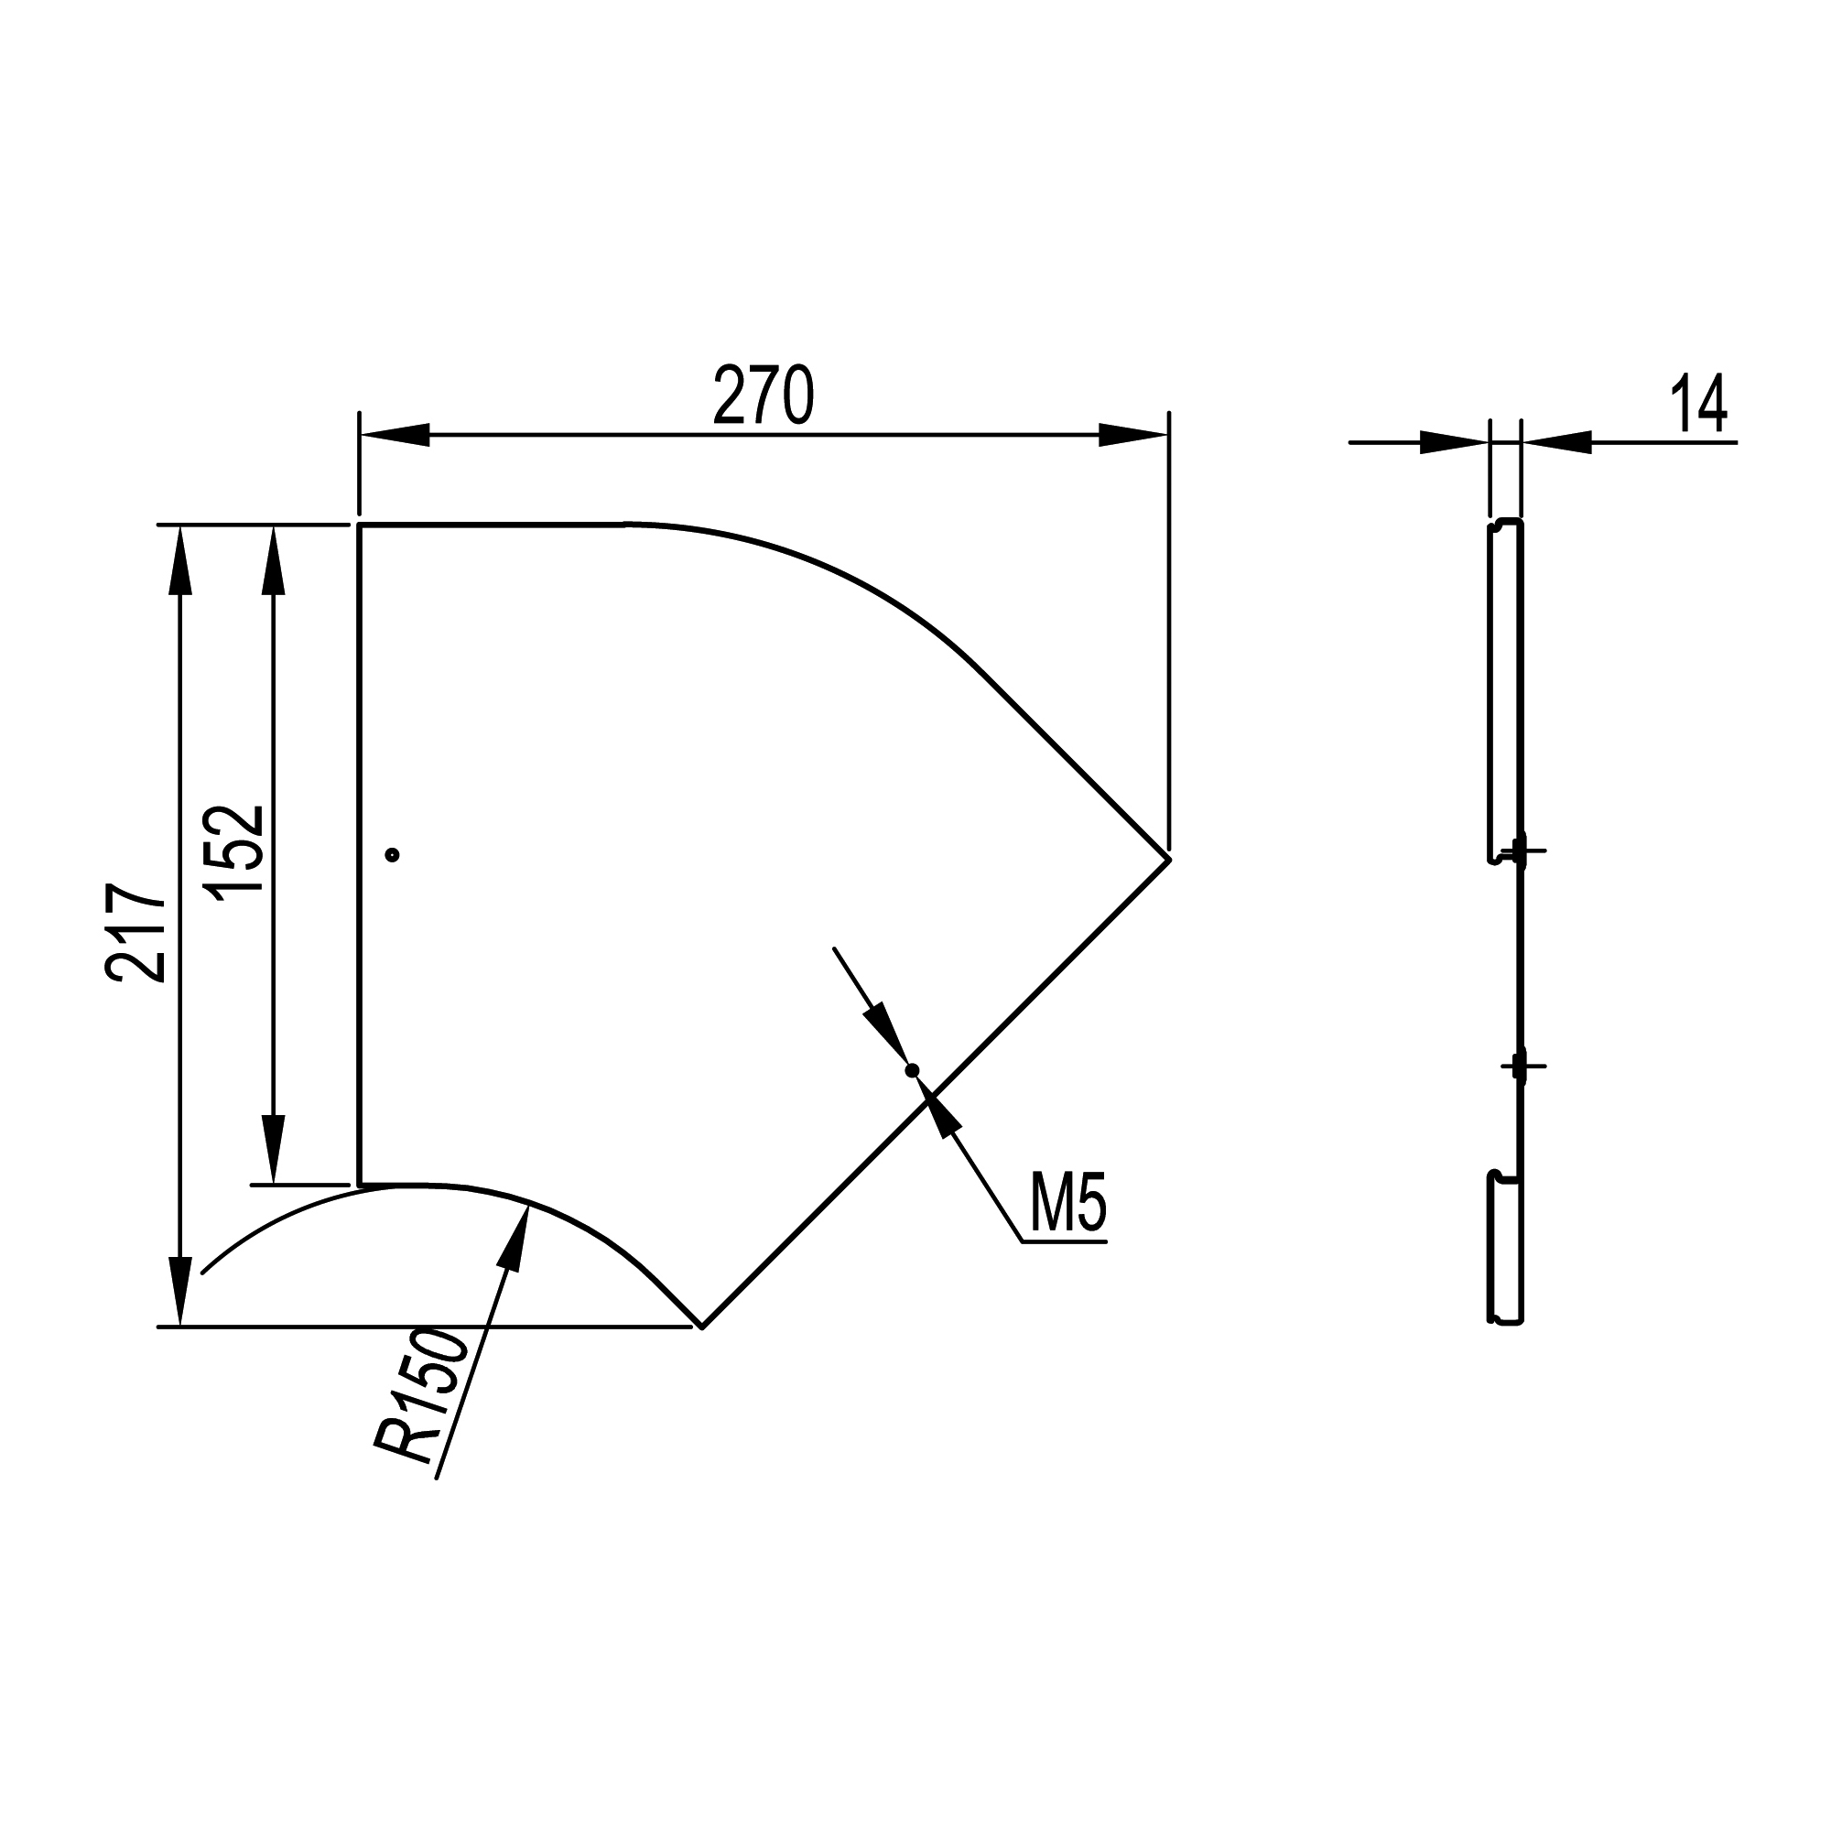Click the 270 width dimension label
pyautogui.click(x=764, y=395)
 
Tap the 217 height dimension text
pyautogui.click(x=136, y=933)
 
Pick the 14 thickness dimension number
pyautogui.click(x=1699, y=403)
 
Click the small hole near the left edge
pyautogui.click(x=393, y=855)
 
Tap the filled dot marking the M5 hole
pyautogui.click(x=913, y=1071)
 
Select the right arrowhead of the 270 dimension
pyautogui.click(x=1133, y=435)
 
